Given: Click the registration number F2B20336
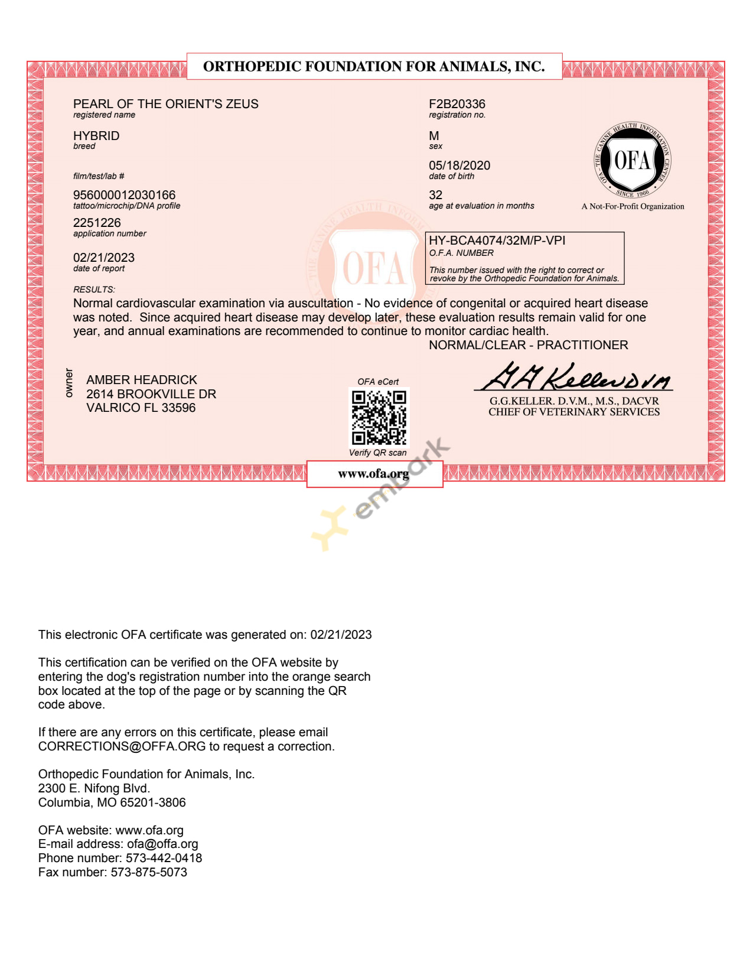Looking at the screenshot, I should [x=457, y=104].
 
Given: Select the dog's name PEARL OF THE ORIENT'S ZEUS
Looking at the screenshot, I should [x=165, y=104].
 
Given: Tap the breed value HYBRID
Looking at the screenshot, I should [x=96, y=136].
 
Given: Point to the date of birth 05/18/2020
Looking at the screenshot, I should [x=459, y=165].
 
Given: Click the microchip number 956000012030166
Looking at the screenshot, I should [x=124, y=195].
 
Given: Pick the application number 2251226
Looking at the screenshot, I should [x=97, y=223].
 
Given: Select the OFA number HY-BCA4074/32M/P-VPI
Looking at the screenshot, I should [x=497, y=240].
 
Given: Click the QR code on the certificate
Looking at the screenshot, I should [x=379, y=417].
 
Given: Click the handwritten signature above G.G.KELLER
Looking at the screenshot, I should [x=573, y=377].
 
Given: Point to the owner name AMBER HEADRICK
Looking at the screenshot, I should [x=142, y=380].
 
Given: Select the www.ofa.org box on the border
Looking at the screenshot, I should [x=374, y=474].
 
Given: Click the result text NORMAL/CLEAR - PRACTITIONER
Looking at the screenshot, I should [x=528, y=345].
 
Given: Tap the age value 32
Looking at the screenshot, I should [x=435, y=195].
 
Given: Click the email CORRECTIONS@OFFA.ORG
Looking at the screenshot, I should [x=122, y=746].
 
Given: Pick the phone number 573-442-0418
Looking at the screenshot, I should [x=164, y=858].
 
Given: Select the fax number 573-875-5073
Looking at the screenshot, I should [x=149, y=872].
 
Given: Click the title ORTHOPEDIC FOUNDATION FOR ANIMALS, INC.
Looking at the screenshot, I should [x=374, y=66].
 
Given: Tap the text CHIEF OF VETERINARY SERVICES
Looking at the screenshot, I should [x=573, y=412].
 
